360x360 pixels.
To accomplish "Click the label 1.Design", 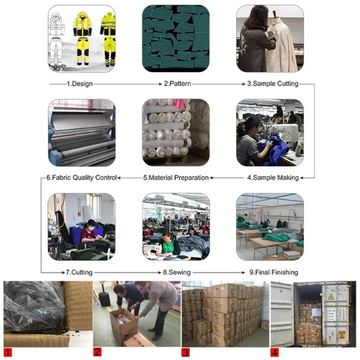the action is [x=80, y=84].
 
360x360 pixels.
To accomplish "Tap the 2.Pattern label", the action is [x=177, y=84].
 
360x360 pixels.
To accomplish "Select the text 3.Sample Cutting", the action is [x=273, y=84].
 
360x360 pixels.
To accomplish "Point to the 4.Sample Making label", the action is [x=273, y=178].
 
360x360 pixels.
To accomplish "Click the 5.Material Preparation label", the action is [x=176, y=178].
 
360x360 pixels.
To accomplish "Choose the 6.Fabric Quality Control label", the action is [x=81, y=178].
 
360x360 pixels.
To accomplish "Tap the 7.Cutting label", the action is [x=79, y=272].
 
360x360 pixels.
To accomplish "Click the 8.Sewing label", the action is [x=177, y=272].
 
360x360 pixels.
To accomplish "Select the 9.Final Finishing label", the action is [x=274, y=272].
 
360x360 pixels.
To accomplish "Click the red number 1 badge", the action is [x=8, y=352].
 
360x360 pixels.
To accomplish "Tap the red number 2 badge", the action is [x=97, y=352].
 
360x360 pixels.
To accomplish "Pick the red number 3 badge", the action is [x=185, y=352].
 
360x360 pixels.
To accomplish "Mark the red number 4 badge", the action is [x=274, y=352].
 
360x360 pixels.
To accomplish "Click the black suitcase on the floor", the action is [x=104, y=298].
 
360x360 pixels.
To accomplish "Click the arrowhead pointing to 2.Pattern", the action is [x=161, y=84].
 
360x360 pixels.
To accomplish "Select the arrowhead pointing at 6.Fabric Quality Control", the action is [x=119, y=178].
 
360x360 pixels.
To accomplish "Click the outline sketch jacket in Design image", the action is [x=56, y=24].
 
